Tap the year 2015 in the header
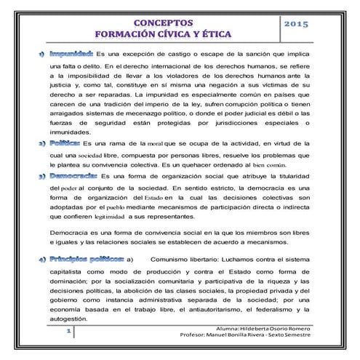click(x=296, y=25)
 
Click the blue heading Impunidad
click(x=71, y=54)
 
